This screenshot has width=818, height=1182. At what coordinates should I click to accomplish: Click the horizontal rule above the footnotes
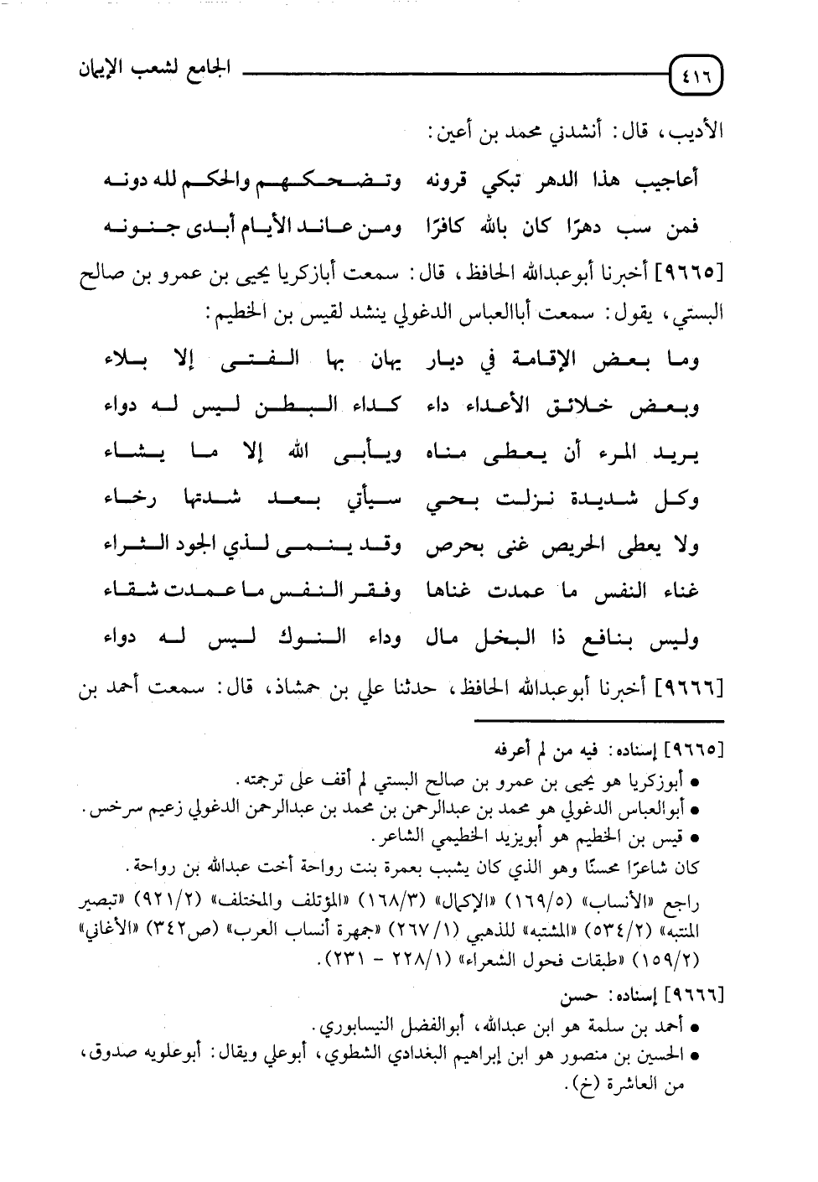point(598,720)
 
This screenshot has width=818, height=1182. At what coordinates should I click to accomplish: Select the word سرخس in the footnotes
point(107,809)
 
